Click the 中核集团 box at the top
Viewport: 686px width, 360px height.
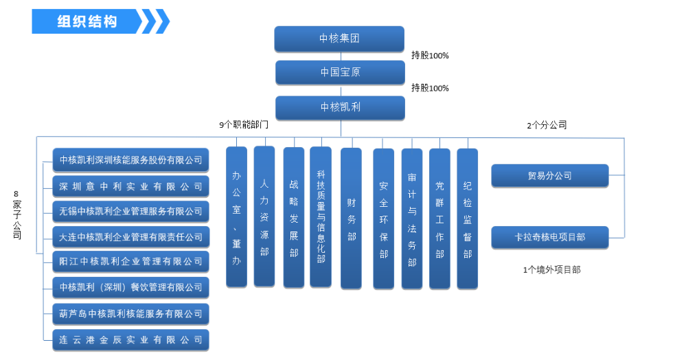click(x=339, y=38)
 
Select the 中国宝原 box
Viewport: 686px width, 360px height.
click(x=340, y=72)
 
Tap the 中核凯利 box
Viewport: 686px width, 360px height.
click(x=340, y=107)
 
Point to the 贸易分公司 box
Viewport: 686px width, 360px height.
click(x=549, y=176)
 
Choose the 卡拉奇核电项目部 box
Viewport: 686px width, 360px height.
click(x=549, y=237)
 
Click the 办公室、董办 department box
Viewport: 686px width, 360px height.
click(x=236, y=216)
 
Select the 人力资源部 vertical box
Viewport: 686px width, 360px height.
click(x=264, y=216)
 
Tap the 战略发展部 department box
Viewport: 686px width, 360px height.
click(x=293, y=216)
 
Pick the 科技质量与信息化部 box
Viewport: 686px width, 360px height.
click(x=321, y=216)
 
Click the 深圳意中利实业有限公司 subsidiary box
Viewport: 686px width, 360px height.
click(x=130, y=186)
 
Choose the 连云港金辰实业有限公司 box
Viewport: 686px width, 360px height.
click(x=130, y=339)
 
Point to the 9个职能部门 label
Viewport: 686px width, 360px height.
click(x=243, y=125)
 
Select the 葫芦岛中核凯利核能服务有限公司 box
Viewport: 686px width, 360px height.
click(x=130, y=314)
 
